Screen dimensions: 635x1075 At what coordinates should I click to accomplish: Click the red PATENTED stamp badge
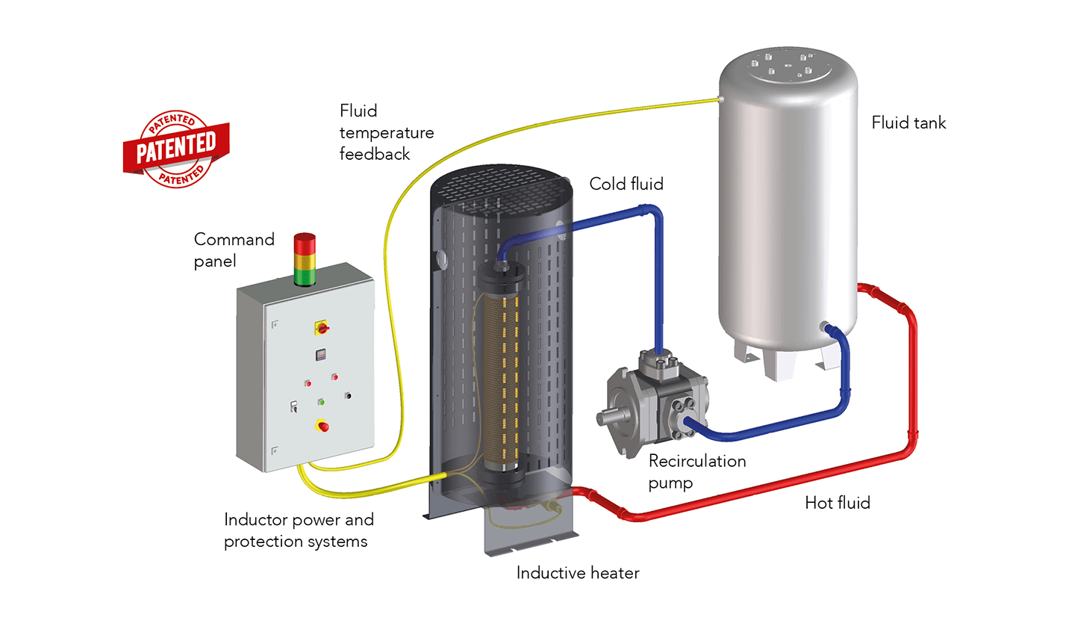(x=176, y=149)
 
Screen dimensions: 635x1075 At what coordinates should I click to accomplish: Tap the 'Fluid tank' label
(x=908, y=123)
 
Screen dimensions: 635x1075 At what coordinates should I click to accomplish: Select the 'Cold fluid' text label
(x=626, y=184)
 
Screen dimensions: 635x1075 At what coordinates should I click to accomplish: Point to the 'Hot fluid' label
(x=837, y=503)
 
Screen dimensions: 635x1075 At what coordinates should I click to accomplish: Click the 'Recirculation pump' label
(x=696, y=471)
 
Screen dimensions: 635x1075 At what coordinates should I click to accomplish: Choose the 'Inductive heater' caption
(x=577, y=573)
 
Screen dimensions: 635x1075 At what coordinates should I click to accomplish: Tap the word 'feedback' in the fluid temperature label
(x=374, y=154)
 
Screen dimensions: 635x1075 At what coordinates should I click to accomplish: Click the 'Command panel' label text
(x=233, y=250)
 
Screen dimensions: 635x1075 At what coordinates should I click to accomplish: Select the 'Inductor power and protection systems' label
(x=298, y=530)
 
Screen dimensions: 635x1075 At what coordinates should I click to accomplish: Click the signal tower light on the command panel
(x=305, y=259)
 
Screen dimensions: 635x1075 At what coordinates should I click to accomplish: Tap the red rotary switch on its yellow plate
(x=322, y=327)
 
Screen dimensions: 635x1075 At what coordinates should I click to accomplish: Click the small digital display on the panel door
(x=320, y=355)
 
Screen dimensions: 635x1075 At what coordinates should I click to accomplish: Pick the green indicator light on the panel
(x=321, y=402)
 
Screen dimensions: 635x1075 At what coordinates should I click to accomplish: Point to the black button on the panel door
(x=348, y=395)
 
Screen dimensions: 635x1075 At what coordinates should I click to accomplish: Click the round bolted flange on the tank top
(x=789, y=66)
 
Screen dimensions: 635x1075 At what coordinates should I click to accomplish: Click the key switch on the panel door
(x=294, y=406)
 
